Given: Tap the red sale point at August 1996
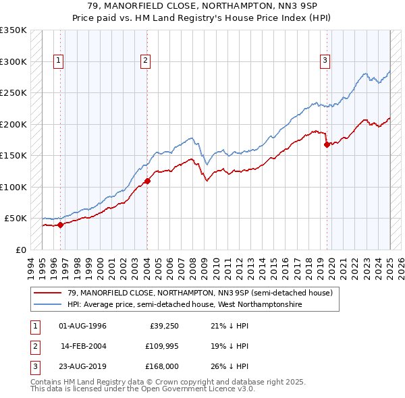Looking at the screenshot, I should click(x=60, y=225).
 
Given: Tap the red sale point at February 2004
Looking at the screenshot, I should click(x=147, y=181).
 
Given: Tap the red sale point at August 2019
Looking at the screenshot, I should click(x=327, y=144).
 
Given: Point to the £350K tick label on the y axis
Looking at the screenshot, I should click(x=13, y=30).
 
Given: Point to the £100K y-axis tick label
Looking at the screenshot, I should click(x=13, y=187).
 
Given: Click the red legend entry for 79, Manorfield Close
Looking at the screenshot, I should click(x=200, y=293).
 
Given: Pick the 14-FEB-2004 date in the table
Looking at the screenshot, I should click(x=83, y=346).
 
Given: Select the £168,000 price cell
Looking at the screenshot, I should click(x=159, y=366).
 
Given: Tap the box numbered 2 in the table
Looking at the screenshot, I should click(x=33, y=346).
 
